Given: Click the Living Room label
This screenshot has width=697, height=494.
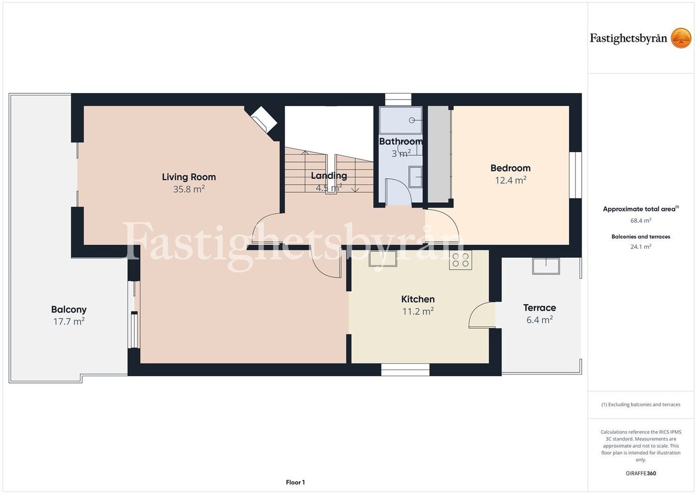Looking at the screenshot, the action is point(189,177).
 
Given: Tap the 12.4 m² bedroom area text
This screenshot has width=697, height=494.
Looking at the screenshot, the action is point(511,180).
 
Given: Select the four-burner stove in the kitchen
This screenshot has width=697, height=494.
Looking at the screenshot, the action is point(460,260).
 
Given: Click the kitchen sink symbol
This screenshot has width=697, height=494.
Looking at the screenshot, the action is point(383,259).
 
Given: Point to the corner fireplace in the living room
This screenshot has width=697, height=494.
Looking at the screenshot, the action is point(263,120).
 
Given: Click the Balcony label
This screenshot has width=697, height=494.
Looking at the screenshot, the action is point(69,309).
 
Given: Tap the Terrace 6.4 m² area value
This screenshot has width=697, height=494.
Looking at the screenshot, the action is point(540,320).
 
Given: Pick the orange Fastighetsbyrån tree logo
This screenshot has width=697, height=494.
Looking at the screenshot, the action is point(681,38).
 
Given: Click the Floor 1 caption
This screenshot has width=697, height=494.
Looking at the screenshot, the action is point(295,482).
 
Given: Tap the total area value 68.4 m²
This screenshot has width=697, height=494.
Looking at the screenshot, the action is point(641,220).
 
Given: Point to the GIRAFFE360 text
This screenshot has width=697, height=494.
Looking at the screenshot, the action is point(641,473).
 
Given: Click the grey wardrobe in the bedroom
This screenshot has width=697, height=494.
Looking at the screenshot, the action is point(439,154).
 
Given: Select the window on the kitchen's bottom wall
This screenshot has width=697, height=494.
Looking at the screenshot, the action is point(405,370).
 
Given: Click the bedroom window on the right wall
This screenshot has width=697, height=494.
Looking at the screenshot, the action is point(576,175).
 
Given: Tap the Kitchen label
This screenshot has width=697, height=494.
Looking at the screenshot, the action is point(418,299).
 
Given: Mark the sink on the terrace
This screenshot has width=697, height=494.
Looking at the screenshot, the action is point(546,266).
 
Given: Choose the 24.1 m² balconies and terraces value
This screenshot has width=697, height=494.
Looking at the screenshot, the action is point(641,247).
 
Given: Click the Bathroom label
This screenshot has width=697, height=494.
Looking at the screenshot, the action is point(401,141).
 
